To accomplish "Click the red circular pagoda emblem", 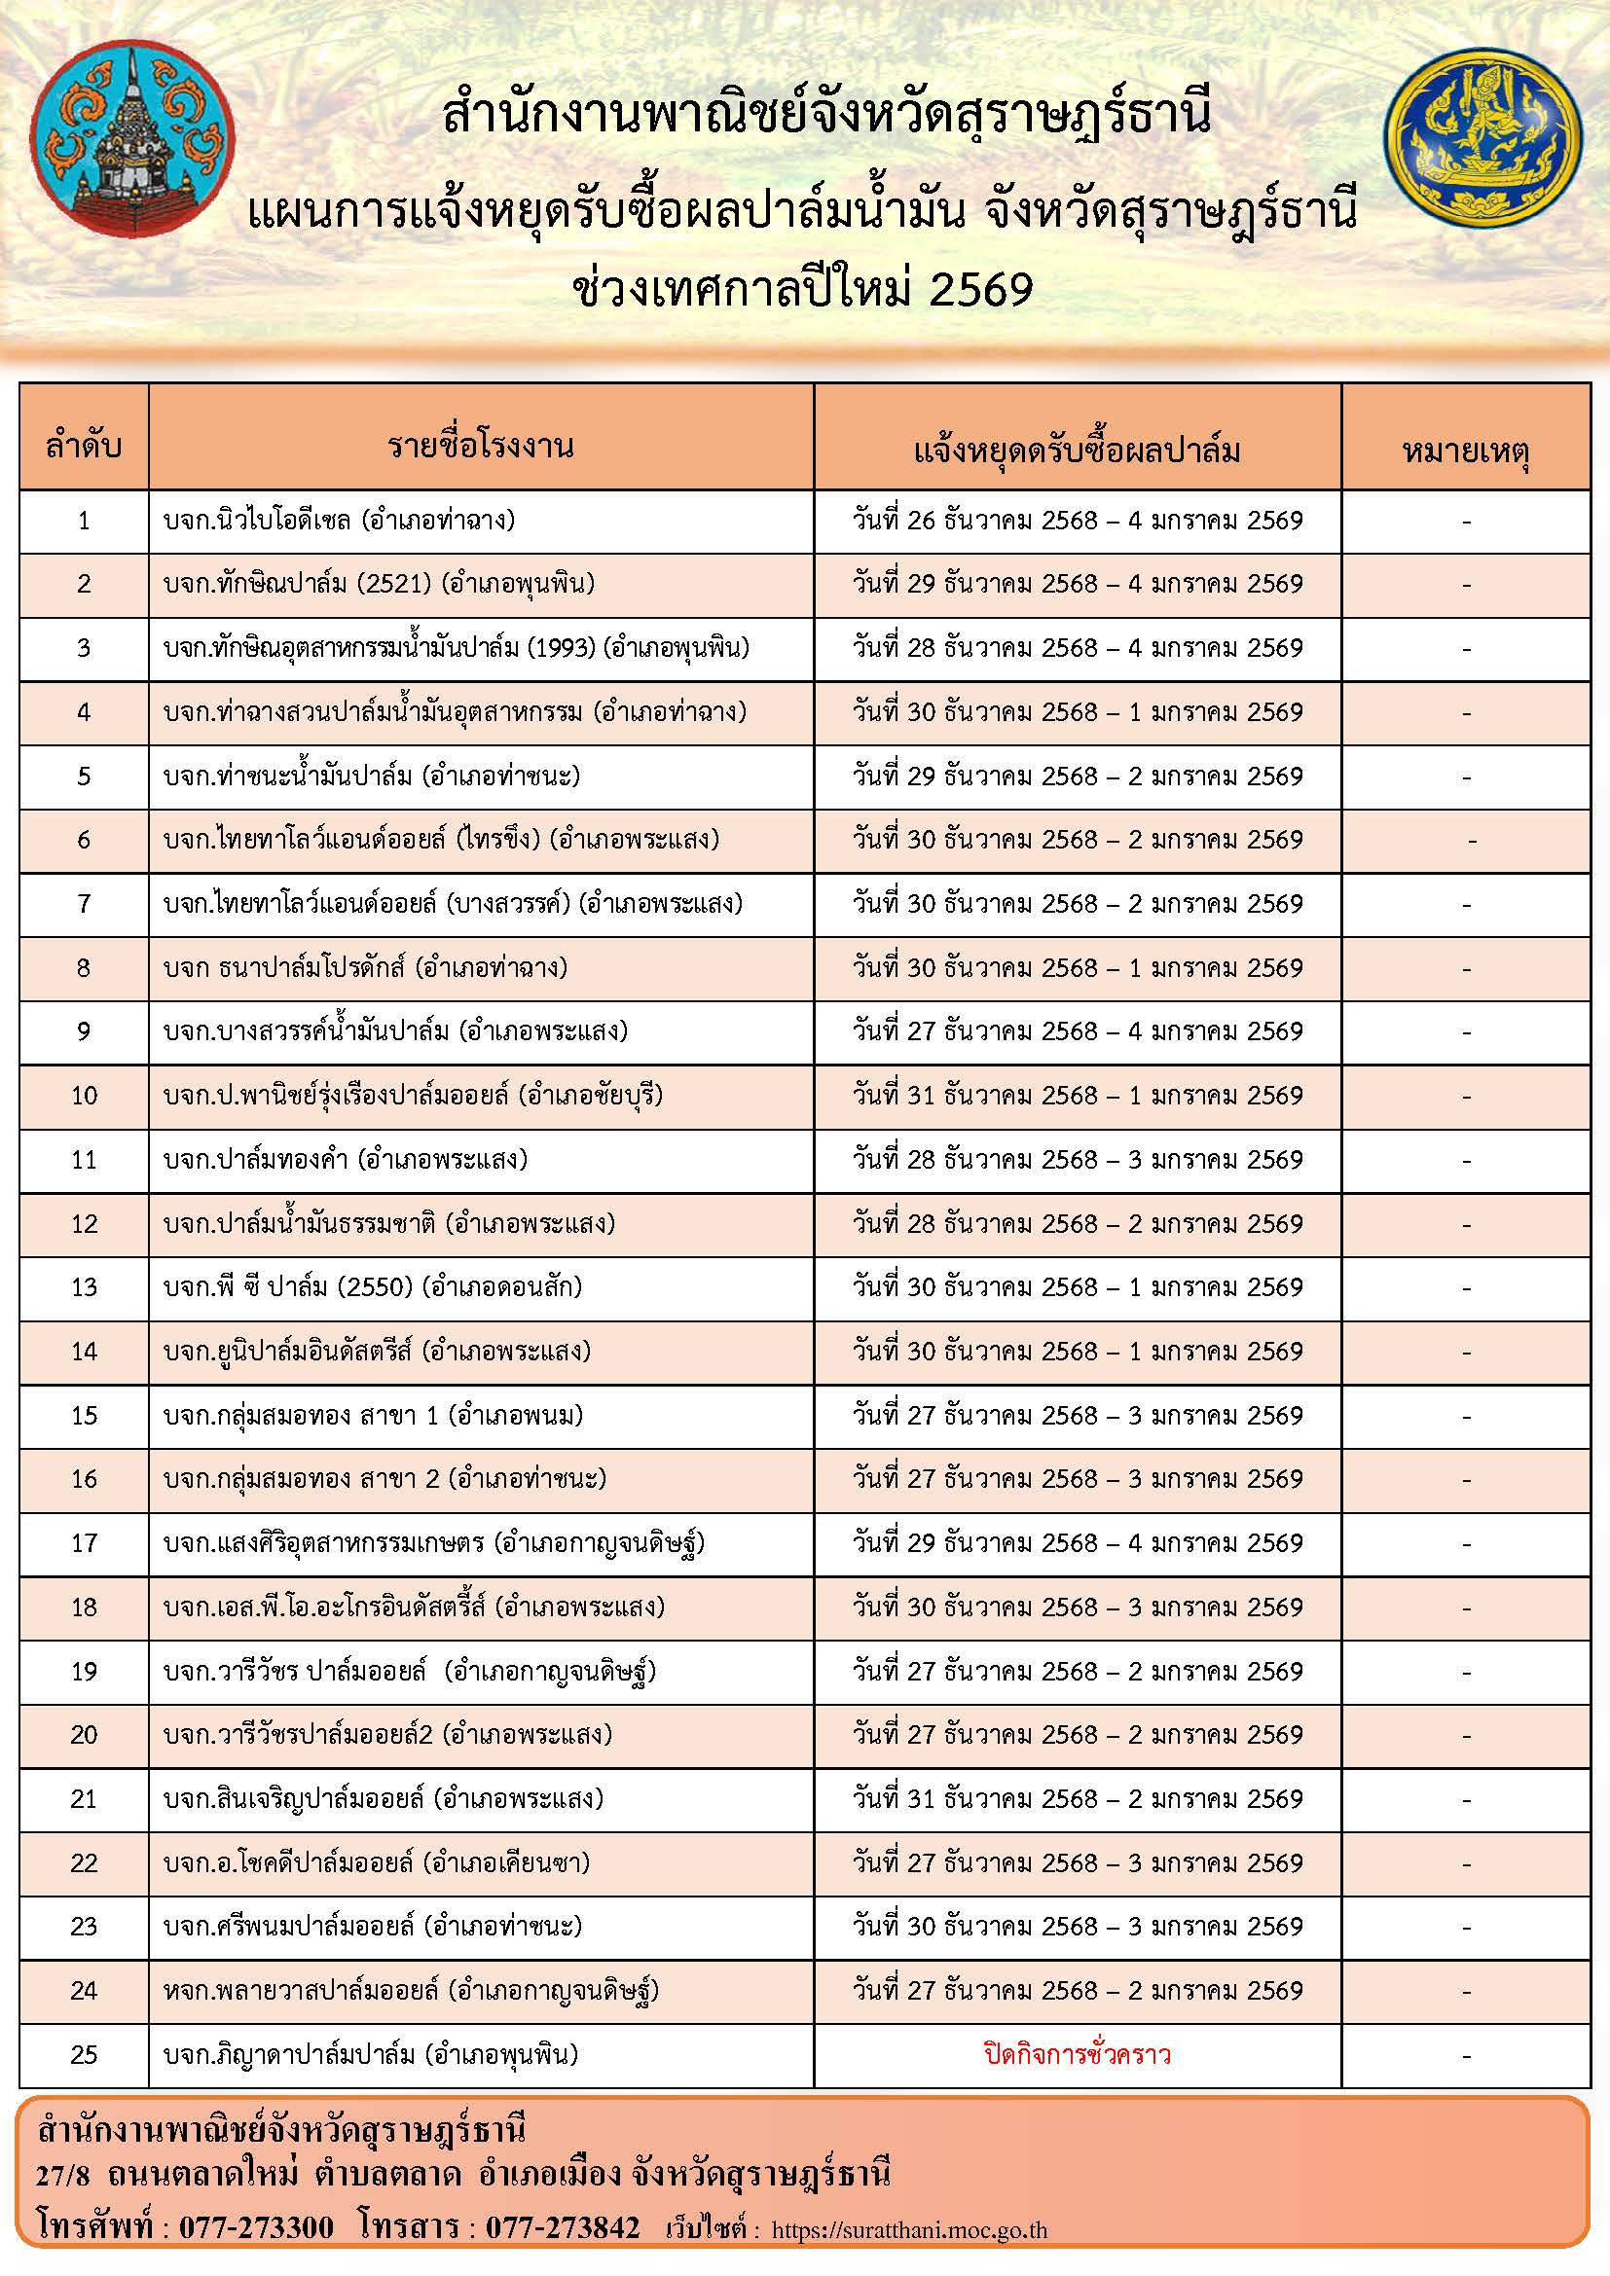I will [x=132, y=139].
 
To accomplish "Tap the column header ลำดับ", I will [x=85, y=447].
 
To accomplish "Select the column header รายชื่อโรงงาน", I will [x=481, y=447].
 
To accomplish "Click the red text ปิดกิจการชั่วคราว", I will [x=1077, y=2053].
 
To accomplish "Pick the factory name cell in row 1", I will [x=339, y=521].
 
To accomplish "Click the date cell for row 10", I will [x=1077, y=1096].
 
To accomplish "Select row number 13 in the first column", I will [x=85, y=1286].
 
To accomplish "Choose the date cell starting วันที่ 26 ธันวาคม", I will [x=1077, y=521].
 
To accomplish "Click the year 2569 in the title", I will [x=982, y=288].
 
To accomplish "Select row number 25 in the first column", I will [x=85, y=2053].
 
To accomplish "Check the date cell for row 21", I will [x=1077, y=1798].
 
